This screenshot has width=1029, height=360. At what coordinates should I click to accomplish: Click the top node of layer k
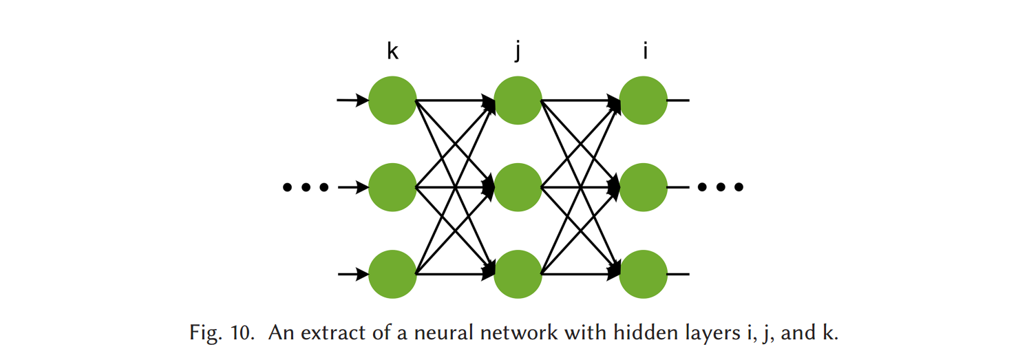coord(392,100)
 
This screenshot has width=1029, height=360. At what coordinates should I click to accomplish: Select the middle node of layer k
coord(392,187)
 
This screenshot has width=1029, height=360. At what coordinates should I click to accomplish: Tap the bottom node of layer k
coord(392,275)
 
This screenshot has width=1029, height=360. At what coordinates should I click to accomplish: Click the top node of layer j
coord(518,100)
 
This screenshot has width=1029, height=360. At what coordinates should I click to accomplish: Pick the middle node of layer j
coord(518,187)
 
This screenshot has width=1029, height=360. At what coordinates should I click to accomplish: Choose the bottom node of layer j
coord(518,275)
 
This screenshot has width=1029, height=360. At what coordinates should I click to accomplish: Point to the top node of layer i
coord(643,100)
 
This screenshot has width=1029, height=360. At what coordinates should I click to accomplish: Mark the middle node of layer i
coord(643,187)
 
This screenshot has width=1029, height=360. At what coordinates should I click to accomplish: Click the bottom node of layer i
coord(643,275)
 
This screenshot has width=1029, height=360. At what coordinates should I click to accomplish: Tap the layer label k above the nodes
coord(392,50)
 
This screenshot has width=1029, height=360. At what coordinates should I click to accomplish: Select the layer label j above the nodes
coord(517,52)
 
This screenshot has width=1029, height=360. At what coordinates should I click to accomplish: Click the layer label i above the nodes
coord(645,50)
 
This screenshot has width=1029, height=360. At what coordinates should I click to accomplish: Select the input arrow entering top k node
coord(352,101)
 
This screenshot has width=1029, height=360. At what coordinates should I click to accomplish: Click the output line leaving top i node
coord(678,100)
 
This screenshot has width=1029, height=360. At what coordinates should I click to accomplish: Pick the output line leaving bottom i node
coord(678,275)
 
